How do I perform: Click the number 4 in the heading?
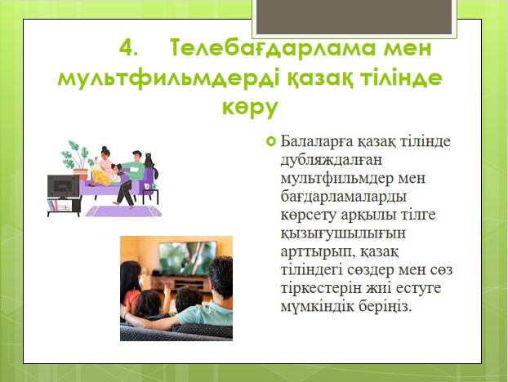tap(127, 48)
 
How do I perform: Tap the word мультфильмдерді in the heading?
tap(168, 79)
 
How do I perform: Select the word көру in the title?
tap(250, 108)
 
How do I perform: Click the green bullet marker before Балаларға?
tap(271, 141)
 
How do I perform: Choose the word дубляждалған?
tap(331, 161)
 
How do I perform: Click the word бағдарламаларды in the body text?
tap(343, 198)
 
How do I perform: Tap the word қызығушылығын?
tap(343, 234)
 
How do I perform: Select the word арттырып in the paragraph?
tap(316, 253)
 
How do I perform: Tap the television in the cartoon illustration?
tap(63, 188)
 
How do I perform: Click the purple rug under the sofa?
tap(123, 211)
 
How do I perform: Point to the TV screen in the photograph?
tap(188, 258)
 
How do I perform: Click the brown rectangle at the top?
tap(354, 16)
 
